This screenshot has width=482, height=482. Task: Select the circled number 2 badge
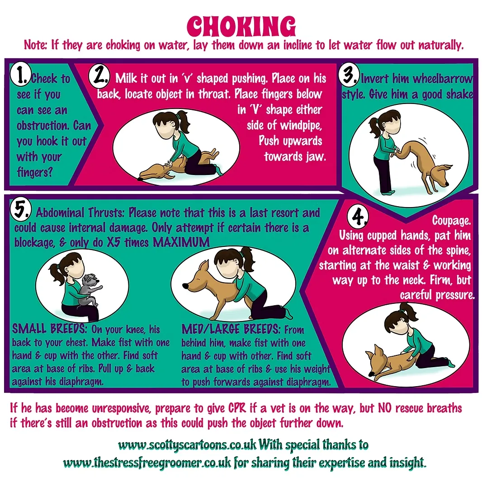click(99, 76)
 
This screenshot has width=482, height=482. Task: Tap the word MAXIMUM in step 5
click(181, 242)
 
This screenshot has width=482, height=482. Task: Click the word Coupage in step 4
click(451, 221)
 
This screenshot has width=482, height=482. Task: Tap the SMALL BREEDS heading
click(49, 329)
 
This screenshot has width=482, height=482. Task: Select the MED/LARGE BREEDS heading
click(231, 329)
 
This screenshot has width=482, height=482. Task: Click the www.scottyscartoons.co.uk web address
click(187, 445)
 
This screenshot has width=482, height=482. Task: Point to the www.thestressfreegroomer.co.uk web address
click(147, 463)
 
